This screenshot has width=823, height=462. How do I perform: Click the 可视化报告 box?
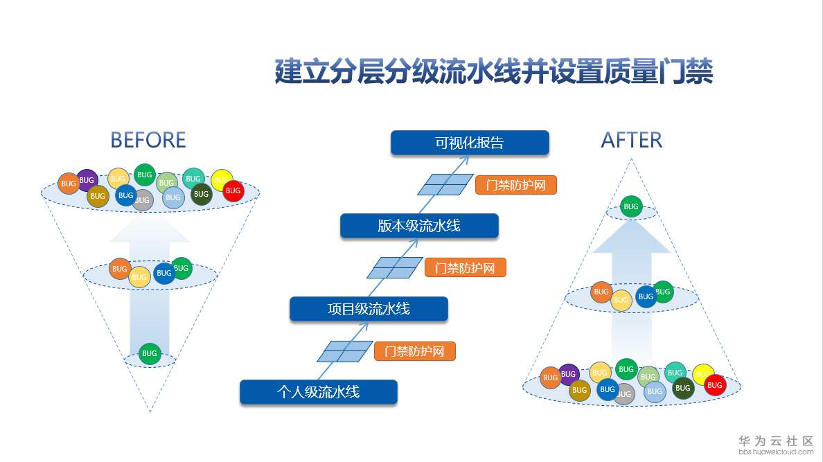tap(470, 143)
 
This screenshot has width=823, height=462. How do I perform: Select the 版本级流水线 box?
tap(419, 226)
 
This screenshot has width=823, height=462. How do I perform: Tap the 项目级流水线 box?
tap(369, 309)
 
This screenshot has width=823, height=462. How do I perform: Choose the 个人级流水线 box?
tap(319, 392)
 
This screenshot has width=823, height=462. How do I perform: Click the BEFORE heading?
tap(148, 141)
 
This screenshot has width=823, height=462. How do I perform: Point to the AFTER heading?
tap(631, 141)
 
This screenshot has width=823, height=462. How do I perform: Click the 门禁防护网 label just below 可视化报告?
tap(515, 185)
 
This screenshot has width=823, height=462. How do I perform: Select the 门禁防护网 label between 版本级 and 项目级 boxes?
tap(465, 268)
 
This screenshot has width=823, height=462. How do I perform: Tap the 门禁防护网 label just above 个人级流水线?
tap(414, 351)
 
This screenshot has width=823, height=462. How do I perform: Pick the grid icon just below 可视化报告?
tap(445, 185)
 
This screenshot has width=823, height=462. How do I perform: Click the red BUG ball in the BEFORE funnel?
tap(233, 190)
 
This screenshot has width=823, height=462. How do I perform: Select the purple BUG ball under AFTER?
tap(569, 374)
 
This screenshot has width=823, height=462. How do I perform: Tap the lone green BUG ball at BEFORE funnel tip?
tap(150, 353)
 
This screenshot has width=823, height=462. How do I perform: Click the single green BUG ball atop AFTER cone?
tap(630, 206)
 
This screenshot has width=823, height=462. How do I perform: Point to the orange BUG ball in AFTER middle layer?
tap(601, 292)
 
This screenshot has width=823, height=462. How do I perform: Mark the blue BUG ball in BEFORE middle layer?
tap(164, 273)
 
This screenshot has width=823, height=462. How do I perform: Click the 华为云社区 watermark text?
tap(775, 441)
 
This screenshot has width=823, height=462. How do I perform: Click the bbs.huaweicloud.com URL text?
tap(775, 452)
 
